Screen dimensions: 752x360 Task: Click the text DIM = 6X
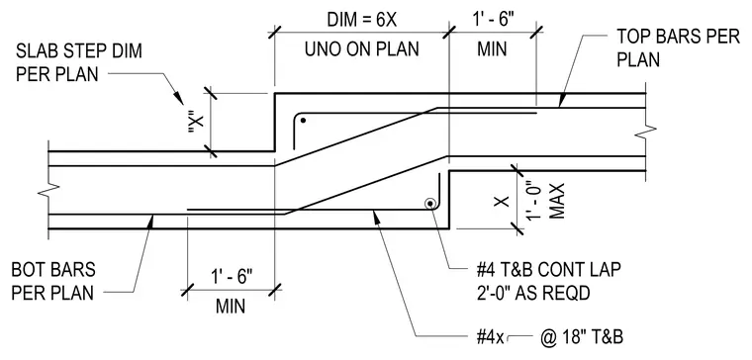pyautogui.click(x=362, y=20)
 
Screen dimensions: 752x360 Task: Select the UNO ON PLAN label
pyautogui.click(x=362, y=48)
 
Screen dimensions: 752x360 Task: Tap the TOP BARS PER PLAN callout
pyautogui.click(x=678, y=47)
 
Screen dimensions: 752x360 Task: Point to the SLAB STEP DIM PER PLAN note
pyautogui.click(x=79, y=62)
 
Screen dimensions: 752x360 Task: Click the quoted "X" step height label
pyautogui.click(x=196, y=123)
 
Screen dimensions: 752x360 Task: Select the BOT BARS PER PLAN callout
pyautogui.click(x=53, y=281)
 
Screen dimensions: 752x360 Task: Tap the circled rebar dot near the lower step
pyautogui.click(x=430, y=204)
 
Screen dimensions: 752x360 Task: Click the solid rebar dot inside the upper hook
pyautogui.click(x=303, y=121)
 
